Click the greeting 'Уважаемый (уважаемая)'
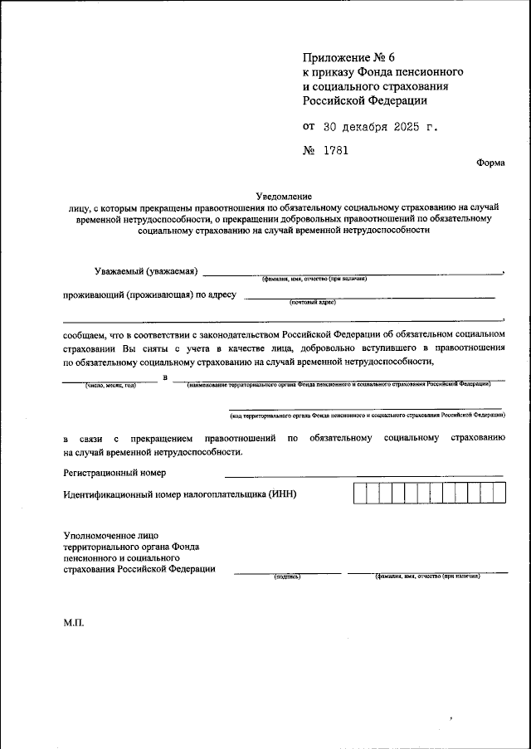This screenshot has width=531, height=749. [x=145, y=271]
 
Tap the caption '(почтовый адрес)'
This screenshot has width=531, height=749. [x=313, y=303]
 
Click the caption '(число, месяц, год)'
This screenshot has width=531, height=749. [x=110, y=385]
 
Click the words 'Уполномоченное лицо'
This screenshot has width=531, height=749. [x=110, y=536]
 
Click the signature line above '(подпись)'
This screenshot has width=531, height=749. [x=287, y=571]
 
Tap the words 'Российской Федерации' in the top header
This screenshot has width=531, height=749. [x=365, y=100]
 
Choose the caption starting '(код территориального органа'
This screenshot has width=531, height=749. [x=368, y=413]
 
